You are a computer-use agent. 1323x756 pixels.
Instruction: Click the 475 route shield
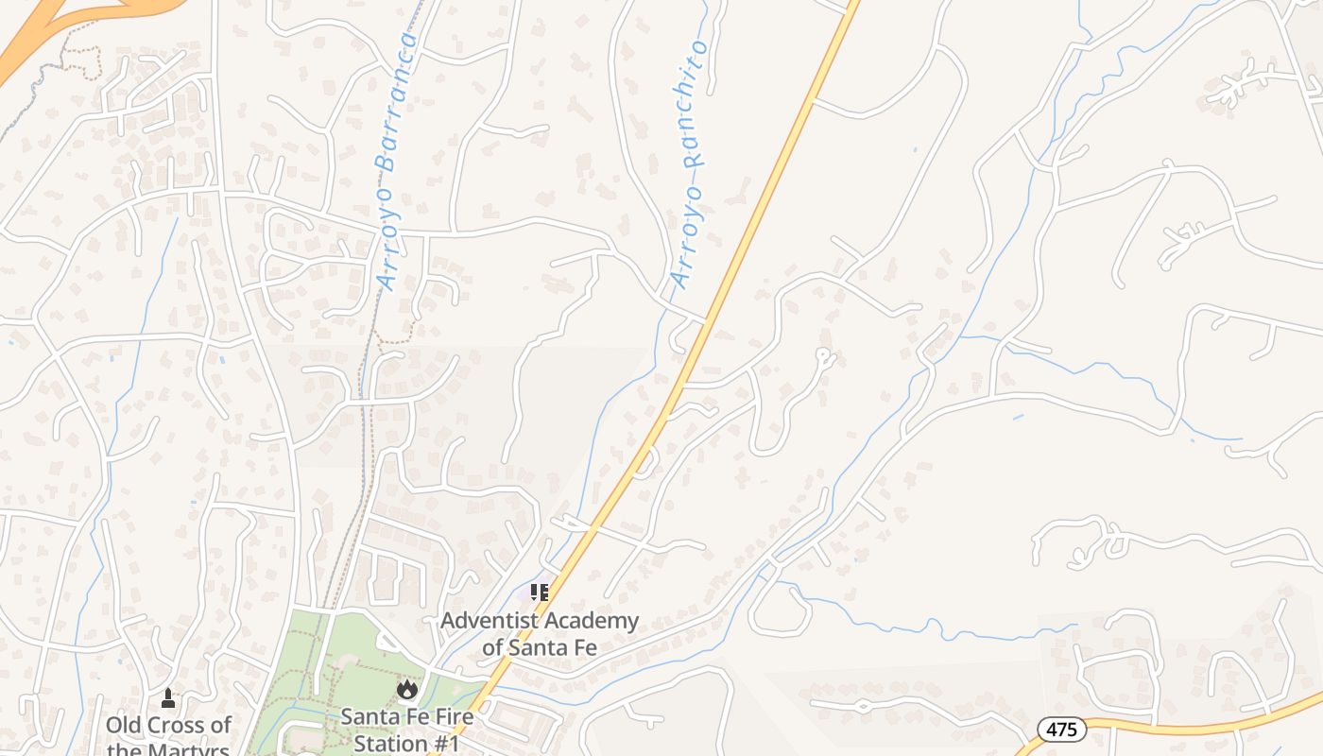tap(1062, 729)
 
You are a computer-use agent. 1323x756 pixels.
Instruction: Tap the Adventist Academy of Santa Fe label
tap(540, 634)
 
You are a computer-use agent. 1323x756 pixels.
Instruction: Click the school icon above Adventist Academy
tap(540, 593)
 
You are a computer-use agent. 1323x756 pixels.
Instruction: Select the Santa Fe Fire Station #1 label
tap(407, 729)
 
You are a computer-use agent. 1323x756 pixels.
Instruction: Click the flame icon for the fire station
tap(407, 689)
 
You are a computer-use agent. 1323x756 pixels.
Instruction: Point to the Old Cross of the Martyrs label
tap(168, 737)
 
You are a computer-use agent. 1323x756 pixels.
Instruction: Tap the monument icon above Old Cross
tap(168, 698)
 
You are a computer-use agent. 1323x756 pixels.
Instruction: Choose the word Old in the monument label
tap(123, 725)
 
